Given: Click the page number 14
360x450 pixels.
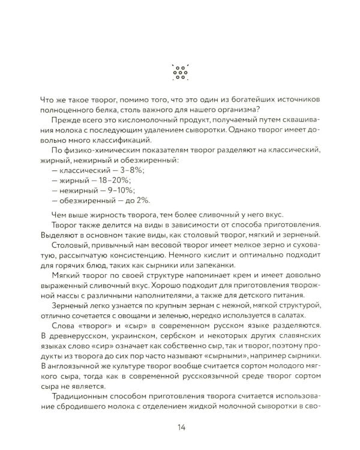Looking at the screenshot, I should pos(180,427).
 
